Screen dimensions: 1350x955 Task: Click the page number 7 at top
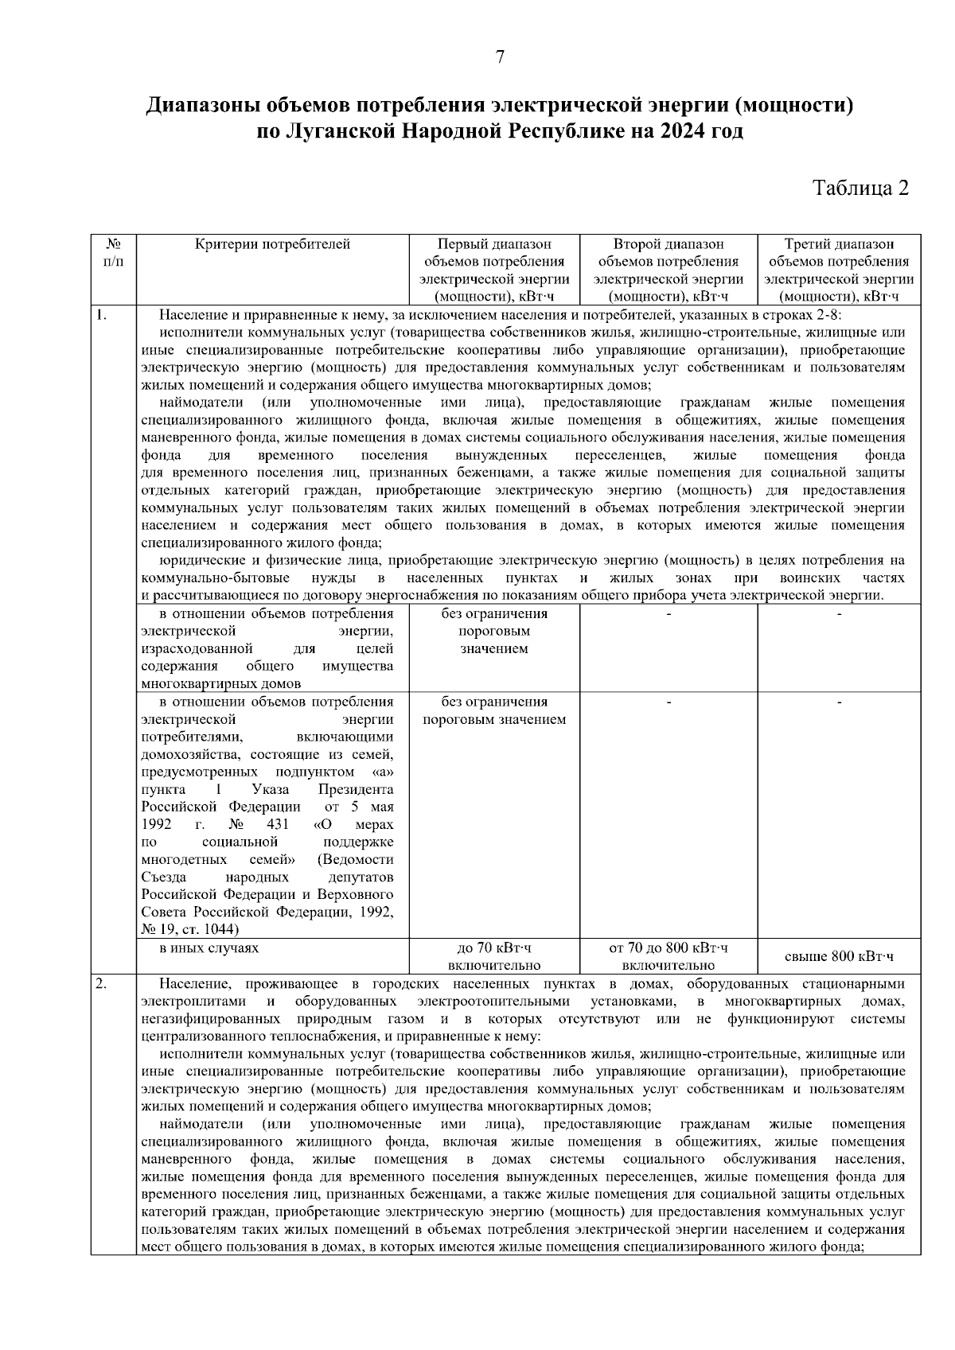point(500,57)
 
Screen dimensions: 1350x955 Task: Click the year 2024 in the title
point(682,130)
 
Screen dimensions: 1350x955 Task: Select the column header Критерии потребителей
point(272,244)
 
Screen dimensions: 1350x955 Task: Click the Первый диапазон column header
point(494,270)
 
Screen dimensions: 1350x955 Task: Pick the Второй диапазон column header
point(668,270)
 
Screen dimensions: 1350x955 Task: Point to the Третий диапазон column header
point(839,270)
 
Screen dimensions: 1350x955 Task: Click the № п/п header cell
point(113,252)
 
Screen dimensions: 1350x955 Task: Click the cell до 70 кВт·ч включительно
point(494,956)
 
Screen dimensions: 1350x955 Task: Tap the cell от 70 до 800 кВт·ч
point(668,947)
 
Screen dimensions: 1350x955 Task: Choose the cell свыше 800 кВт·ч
point(839,956)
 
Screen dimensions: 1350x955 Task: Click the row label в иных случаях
point(209,947)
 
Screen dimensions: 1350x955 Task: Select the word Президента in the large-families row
point(356,789)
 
